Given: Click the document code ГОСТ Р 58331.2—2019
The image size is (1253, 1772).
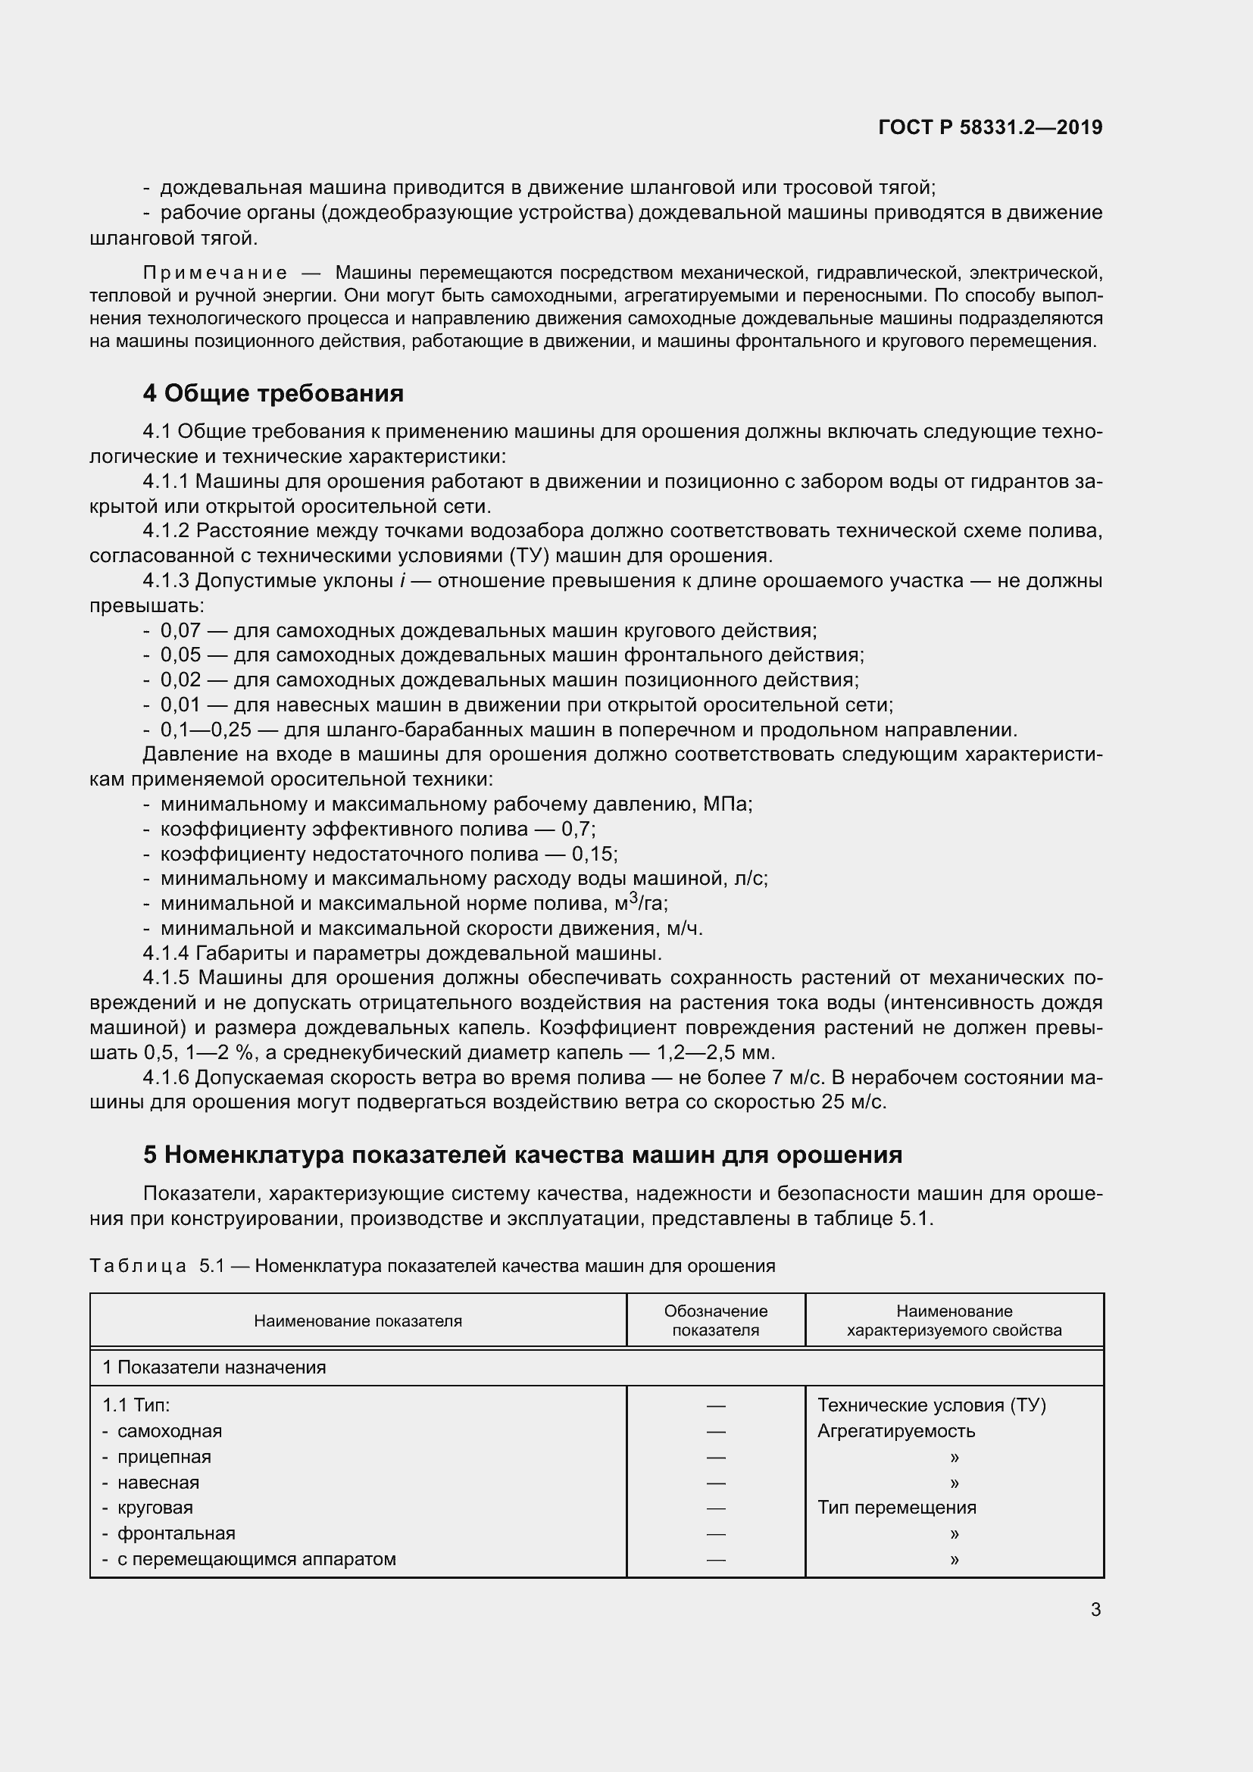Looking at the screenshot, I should pyautogui.click(x=990, y=127).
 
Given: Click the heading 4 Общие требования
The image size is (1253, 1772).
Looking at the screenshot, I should pyautogui.click(x=273, y=394).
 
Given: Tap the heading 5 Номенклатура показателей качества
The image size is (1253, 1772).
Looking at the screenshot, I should pyautogui.click(x=523, y=1155).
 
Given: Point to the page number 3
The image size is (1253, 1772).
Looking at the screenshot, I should pyautogui.click(x=1095, y=1609).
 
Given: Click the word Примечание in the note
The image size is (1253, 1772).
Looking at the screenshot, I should pyautogui.click(x=215, y=273).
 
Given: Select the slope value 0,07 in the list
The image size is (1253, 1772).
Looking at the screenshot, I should pyautogui.click(x=180, y=630).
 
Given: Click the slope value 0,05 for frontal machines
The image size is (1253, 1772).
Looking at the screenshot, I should pyautogui.click(x=180, y=655).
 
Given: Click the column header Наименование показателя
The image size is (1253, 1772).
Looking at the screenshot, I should pyautogui.click(x=358, y=1320).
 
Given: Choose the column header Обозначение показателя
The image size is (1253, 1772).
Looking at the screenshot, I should pyautogui.click(x=715, y=1320).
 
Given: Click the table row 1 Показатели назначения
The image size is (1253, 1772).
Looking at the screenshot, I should pyautogui.click(x=214, y=1367).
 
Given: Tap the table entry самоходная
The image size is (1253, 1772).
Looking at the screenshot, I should pyautogui.click(x=169, y=1431).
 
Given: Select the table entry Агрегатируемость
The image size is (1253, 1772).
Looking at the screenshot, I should pyautogui.click(x=895, y=1431).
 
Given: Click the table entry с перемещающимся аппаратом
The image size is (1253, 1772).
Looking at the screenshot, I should pyautogui.click(x=256, y=1558).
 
